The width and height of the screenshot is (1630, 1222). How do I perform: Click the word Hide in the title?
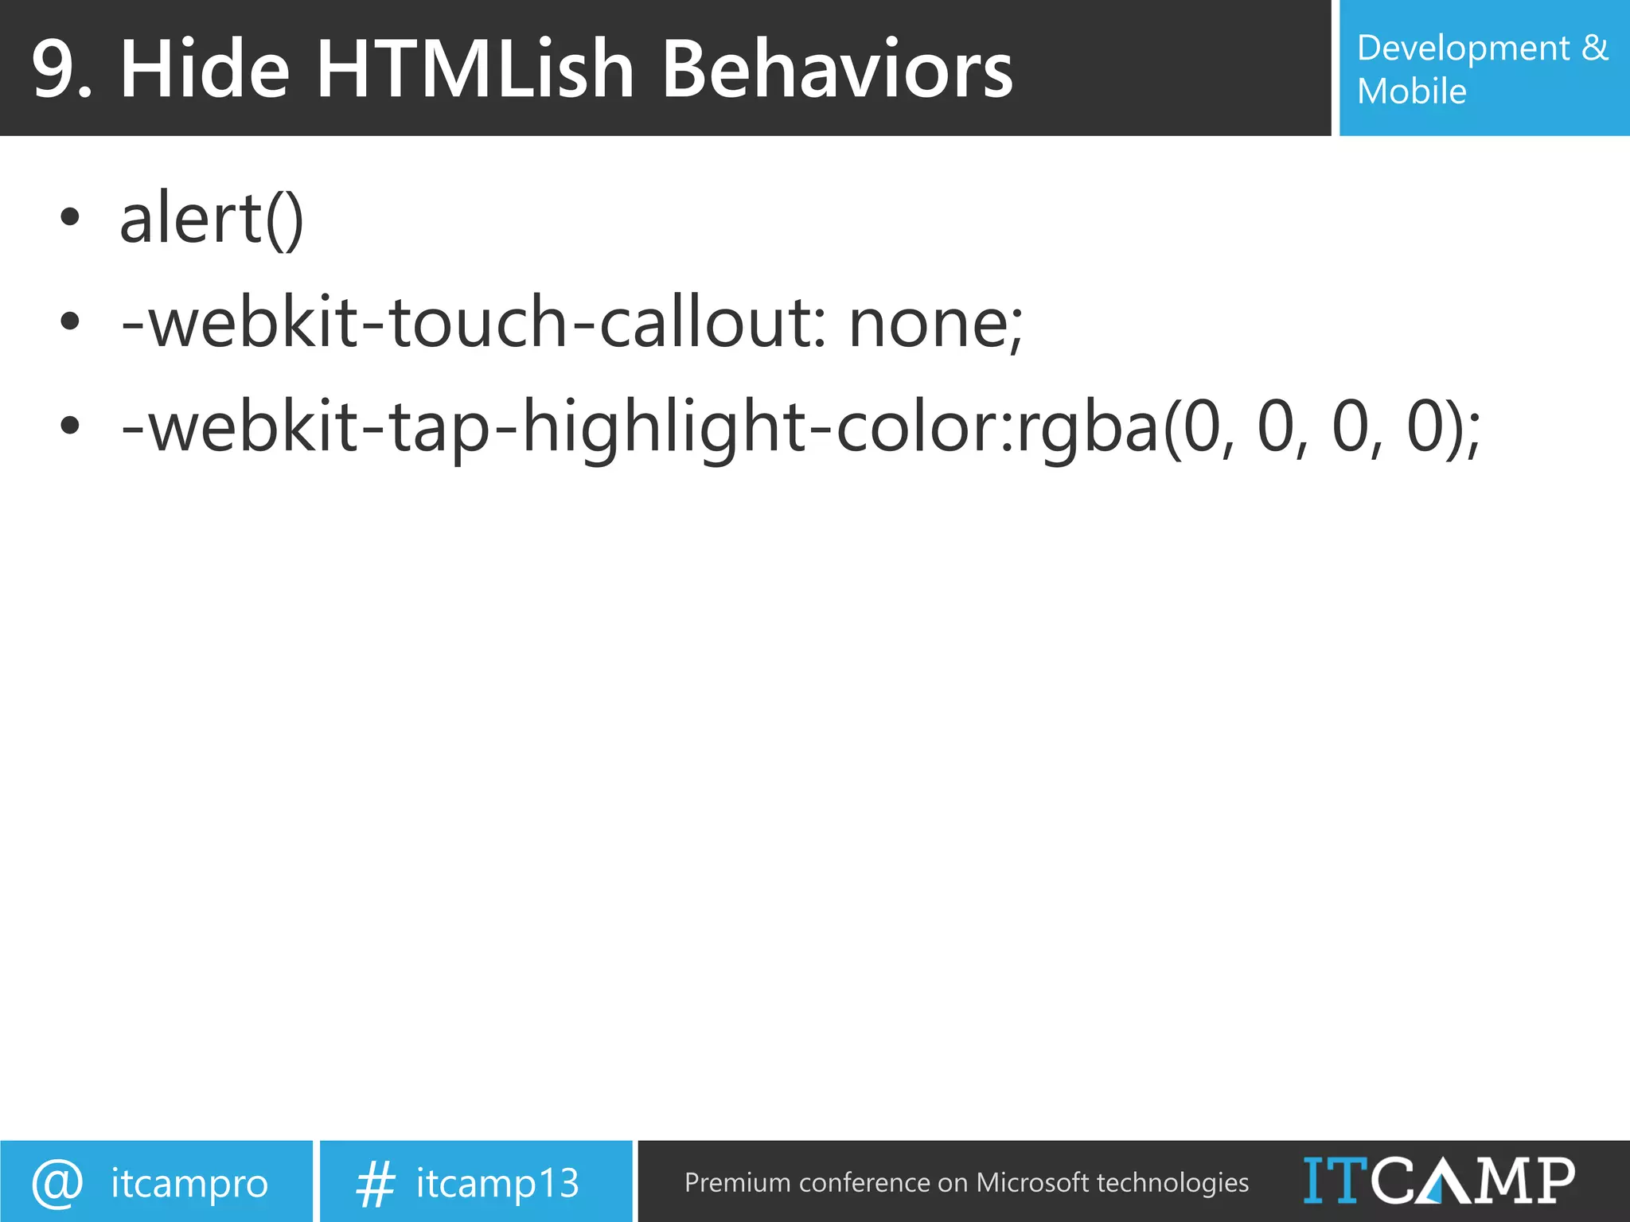point(205,70)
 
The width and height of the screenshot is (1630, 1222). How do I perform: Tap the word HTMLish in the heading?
point(475,70)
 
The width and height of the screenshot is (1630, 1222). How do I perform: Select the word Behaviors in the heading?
point(837,70)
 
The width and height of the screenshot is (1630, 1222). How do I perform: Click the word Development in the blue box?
point(1464,49)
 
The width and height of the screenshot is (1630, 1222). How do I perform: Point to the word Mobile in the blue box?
point(1411,91)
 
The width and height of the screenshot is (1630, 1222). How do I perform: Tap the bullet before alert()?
point(70,217)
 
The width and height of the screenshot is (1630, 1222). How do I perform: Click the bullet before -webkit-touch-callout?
point(70,321)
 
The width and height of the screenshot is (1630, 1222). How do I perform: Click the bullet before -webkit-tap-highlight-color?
point(70,426)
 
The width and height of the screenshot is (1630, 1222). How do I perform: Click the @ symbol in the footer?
point(57,1183)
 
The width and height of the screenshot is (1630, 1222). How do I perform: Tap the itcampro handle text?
point(189,1183)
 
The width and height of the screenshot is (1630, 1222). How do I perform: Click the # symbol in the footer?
point(375,1183)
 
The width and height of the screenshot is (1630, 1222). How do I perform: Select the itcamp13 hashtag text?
point(497,1183)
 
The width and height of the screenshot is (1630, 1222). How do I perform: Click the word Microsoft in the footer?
point(1031,1183)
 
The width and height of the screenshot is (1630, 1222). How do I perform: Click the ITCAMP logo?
point(1438,1181)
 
